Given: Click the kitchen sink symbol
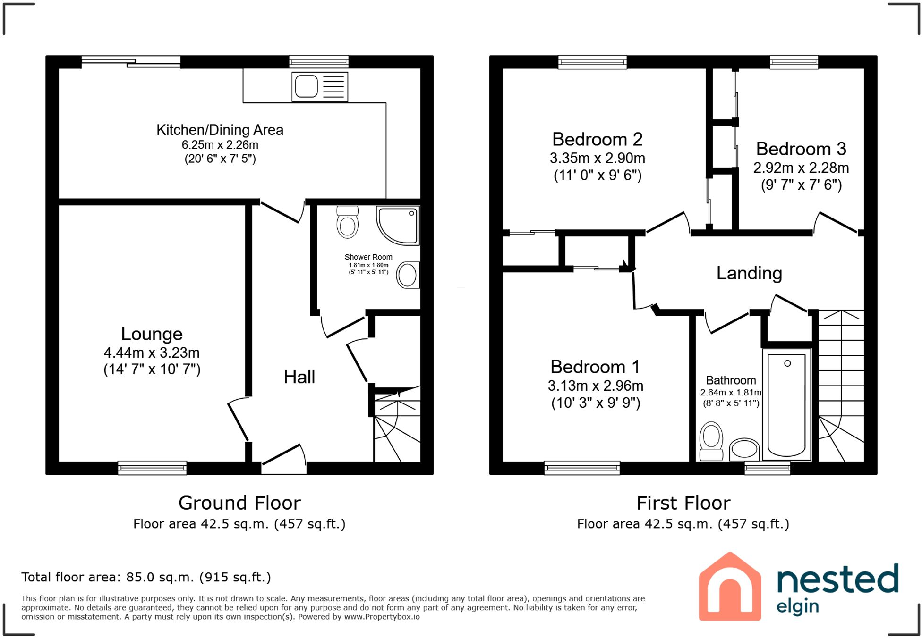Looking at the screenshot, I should coord(320,87).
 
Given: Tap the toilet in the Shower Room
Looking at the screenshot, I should coord(348,223).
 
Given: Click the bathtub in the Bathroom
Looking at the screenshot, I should coord(786,405).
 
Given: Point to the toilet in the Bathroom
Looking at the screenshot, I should coord(711,441).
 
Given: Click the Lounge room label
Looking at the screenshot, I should coord(152,334).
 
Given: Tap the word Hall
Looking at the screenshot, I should coord(299,377).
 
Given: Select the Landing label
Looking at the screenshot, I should coord(749,273).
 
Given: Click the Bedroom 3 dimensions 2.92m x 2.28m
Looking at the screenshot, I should coord(801,168).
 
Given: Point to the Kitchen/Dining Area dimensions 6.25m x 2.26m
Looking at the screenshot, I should coord(220,145).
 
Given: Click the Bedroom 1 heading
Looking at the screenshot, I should coord(595,367).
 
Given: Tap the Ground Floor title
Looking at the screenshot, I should coord(239,503).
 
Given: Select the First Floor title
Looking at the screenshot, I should coord(683,503).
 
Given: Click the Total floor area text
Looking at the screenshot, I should coord(146,577).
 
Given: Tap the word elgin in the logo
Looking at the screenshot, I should coord(797,607).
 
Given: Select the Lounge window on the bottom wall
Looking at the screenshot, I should coord(152,468).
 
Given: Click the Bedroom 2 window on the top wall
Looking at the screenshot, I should coord(592,62).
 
